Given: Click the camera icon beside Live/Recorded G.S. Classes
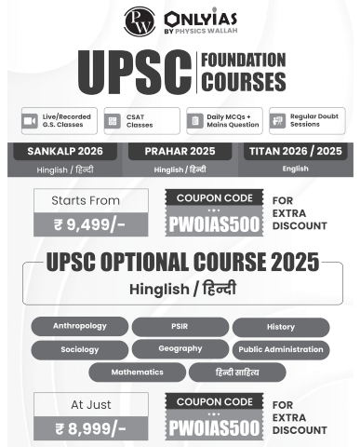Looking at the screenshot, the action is point(28,121).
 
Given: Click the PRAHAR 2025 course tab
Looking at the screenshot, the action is point(180,151).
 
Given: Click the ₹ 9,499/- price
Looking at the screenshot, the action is point(89,224).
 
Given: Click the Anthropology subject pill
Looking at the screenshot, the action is point(79,327).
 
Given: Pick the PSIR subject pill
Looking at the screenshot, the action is point(180,327).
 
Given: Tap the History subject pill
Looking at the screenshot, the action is point(280,327).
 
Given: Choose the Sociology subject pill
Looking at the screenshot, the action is point(79,349).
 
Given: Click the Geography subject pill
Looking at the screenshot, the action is point(180,349).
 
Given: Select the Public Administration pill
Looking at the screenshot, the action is point(280,349).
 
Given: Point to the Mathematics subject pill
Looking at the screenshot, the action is point(137,372).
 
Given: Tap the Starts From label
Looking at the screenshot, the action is point(89,200).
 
